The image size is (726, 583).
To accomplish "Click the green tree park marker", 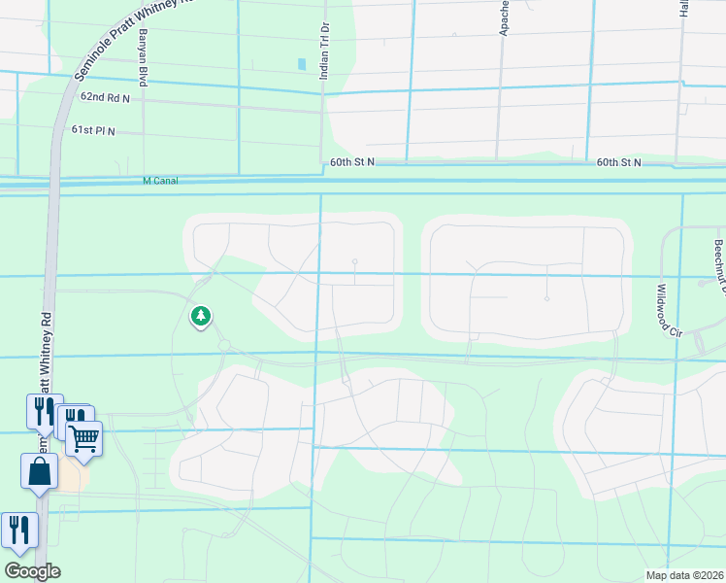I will tap(201, 316).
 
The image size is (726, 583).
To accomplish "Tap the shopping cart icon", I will tap(84, 437).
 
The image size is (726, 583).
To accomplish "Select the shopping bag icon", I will tap(39, 472).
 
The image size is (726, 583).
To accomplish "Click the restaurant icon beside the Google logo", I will tap(19, 531).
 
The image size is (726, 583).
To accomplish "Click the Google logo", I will tap(32, 571).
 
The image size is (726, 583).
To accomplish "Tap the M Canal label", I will tap(160, 181).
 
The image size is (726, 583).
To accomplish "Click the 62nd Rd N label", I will tap(106, 98).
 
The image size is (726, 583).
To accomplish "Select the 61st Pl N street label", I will tap(93, 129).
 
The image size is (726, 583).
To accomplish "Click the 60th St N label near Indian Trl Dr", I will tap(351, 162).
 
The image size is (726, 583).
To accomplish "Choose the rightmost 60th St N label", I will tap(619, 162).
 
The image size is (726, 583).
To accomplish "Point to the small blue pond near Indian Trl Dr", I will tap(302, 64).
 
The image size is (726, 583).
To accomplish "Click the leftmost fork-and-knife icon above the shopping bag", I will tap(44, 412).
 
